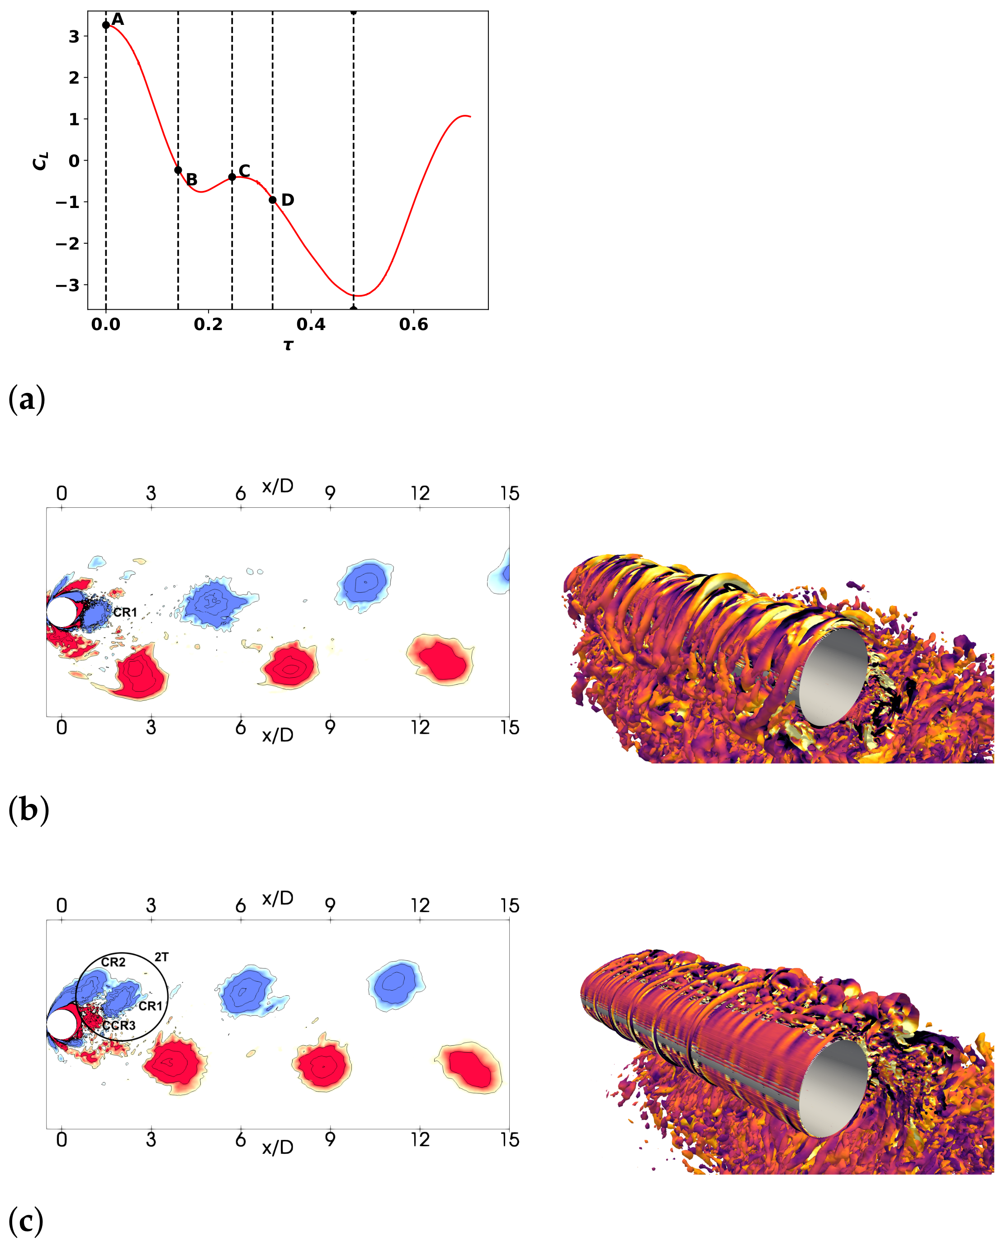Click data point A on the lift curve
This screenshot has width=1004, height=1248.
pos(106,25)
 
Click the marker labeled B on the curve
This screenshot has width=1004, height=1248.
pos(178,170)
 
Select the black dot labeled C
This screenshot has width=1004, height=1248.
pos(232,176)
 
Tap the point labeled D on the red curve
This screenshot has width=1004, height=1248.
pos(273,200)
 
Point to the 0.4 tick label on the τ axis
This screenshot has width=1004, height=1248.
pos(311,325)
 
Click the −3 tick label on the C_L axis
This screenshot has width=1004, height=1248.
pos(68,285)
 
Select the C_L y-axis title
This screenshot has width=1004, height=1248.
pos(40,161)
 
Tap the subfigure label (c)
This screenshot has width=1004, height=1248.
pos(27,1221)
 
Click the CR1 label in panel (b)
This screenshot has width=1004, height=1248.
pos(125,612)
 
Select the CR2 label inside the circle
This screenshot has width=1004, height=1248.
pos(113,962)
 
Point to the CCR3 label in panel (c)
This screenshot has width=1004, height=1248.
pos(119,1026)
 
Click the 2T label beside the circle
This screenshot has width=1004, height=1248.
pos(161,957)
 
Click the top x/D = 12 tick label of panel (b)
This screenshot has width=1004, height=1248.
pos(420,493)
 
